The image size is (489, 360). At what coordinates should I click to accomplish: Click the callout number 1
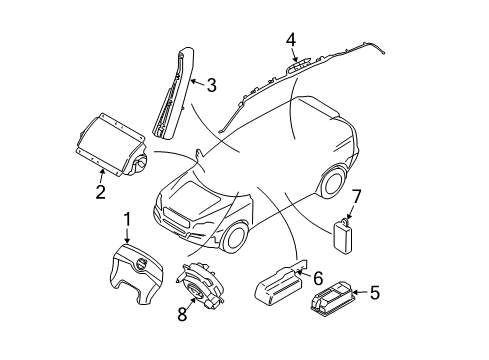(x=127, y=219)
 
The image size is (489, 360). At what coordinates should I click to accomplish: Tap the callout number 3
(x=211, y=87)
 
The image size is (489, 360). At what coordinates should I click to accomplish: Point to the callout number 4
(x=290, y=40)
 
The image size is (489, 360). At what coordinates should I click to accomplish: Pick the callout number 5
(x=375, y=294)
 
